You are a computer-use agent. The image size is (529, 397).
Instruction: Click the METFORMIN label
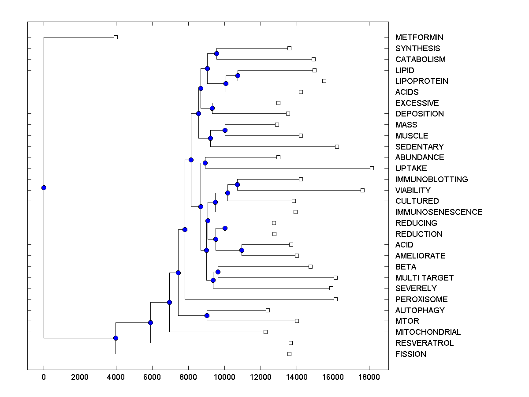click(x=419, y=37)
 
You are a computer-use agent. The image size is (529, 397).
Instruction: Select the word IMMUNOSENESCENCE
click(x=439, y=212)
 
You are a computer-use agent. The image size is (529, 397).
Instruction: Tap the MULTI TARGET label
click(x=424, y=278)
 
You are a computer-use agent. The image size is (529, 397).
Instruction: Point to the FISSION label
click(x=410, y=354)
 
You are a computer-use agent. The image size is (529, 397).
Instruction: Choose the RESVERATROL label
click(x=424, y=343)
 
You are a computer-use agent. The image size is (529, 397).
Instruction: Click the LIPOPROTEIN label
click(x=421, y=81)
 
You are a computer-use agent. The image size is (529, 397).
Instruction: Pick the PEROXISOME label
click(x=421, y=300)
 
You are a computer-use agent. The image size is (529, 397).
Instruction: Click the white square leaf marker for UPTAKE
click(x=372, y=168)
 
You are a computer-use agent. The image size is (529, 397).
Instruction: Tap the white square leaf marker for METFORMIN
click(x=115, y=37)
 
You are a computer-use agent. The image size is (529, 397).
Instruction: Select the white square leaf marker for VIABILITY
click(x=362, y=190)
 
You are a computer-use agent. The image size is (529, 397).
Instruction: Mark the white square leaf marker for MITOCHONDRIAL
click(x=265, y=332)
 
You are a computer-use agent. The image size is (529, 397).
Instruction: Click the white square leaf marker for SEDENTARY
click(x=337, y=146)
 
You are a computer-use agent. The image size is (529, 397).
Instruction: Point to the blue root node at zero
click(x=44, y=187)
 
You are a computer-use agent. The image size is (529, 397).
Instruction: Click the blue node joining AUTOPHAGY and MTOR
click(x=207, y=315)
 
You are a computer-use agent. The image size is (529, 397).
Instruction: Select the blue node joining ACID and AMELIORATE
click(x=242, y=250)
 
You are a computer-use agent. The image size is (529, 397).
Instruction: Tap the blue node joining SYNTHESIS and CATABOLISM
click(x=216, y=54)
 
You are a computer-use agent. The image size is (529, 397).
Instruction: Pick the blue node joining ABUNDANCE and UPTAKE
click(x=205, y=163)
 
